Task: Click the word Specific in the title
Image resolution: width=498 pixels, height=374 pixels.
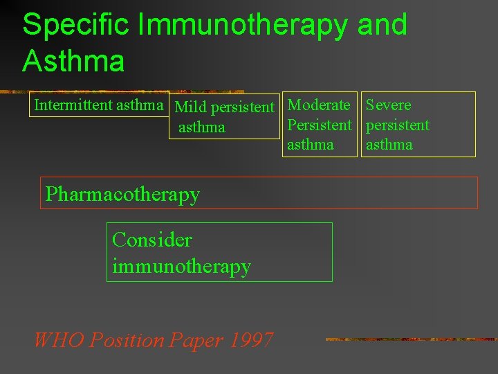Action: (x=77, y=25)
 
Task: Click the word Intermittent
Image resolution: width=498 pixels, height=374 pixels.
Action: (x=73, y=105)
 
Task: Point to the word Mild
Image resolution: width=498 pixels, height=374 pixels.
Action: (x=191, y=107)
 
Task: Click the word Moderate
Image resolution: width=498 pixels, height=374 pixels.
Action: (x=319, y=105)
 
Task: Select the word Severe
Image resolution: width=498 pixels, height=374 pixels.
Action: (x=389, y=105)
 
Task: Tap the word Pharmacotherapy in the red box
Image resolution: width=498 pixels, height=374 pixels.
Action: (x=122, y=194)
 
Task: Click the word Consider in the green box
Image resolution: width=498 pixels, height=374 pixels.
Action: (x=151, y=240)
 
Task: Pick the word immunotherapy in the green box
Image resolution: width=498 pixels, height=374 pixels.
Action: (x=181, y=266)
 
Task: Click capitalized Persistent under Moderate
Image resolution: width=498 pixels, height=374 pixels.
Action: (x=320, y=125)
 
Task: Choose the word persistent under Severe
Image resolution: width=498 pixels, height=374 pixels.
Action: (x=398, y=125)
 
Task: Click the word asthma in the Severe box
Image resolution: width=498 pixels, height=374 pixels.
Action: (x=389, y=145)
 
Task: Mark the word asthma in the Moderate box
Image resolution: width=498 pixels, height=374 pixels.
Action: (x=311, y=145)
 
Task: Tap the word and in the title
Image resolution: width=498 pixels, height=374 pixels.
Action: (x=382, y=25)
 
